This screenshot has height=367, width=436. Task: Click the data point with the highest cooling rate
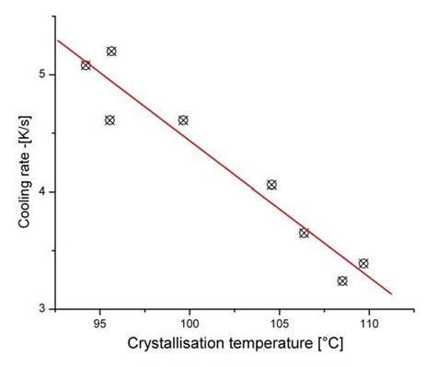click(111, 52)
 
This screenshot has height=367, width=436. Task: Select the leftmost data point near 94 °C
click(86, 65)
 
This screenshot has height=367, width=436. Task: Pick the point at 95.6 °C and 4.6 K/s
click(109, 120)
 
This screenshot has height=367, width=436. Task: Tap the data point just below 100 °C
click(183, 120)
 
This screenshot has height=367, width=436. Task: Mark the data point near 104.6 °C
click(271, 185)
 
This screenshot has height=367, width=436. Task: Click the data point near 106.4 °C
click(304, 233)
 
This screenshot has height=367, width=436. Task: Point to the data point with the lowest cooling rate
click(342, 281)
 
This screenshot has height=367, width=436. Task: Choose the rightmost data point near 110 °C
click(363, 263)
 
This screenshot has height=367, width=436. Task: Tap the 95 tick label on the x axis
click(99, 324)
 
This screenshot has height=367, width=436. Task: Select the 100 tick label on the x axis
click(189, 324)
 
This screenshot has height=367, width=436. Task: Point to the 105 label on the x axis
click(278, 324)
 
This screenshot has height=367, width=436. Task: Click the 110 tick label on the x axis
click(367, 324)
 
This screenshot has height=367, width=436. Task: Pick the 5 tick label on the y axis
click(42, 75)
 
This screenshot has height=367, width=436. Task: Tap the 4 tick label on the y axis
click(42, 191)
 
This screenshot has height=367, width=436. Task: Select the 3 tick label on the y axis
click(42, 309)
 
